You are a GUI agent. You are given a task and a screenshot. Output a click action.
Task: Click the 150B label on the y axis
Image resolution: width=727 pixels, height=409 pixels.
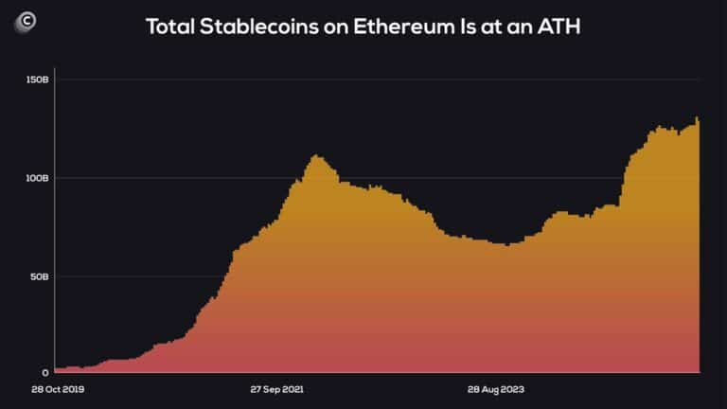point(38,80)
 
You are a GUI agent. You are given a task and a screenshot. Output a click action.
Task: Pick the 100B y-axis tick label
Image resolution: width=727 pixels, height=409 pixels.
point(38,178)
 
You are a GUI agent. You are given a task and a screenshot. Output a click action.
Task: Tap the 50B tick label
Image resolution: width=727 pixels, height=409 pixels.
point(40,276)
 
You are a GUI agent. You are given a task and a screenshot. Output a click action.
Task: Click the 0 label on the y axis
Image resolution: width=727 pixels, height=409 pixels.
point(45,373)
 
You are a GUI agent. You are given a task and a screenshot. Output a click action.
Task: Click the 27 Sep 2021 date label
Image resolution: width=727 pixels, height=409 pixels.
point(276,389)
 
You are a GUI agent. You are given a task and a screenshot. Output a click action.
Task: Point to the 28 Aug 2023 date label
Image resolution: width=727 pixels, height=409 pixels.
point(498,389)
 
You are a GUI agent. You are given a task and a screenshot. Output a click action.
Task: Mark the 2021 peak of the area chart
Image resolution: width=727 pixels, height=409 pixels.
point(316,156)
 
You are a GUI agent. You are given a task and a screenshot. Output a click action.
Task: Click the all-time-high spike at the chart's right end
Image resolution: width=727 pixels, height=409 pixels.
point(697,118)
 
